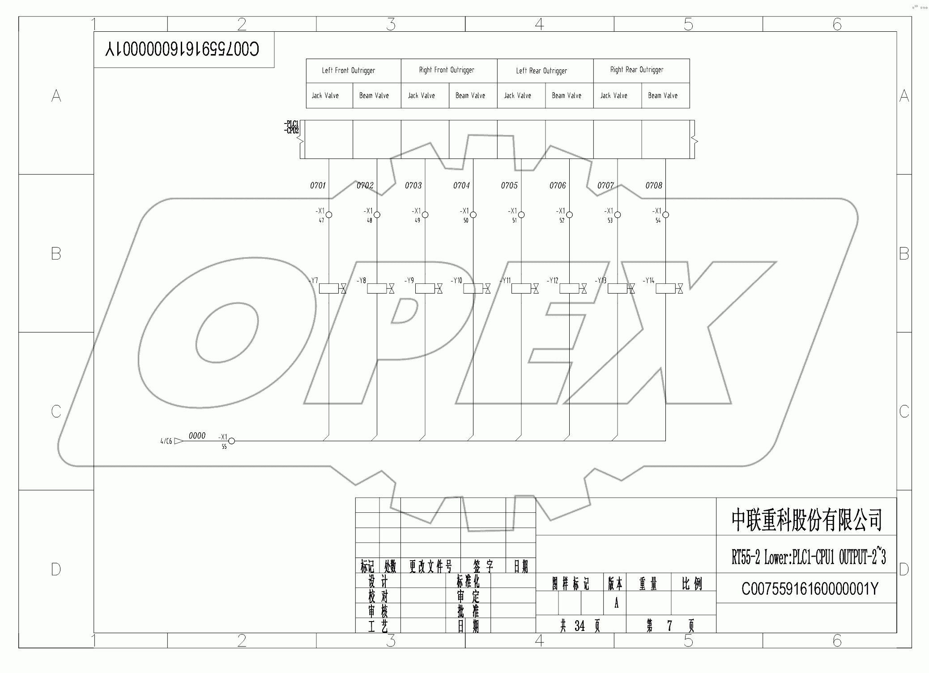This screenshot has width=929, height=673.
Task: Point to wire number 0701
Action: (318, 185)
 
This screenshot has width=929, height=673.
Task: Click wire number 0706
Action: (558, 185)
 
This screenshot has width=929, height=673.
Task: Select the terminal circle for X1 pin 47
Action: (329, 215)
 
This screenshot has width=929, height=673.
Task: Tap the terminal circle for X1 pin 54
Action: (665, 215)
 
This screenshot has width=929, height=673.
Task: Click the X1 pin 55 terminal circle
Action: (231, 441)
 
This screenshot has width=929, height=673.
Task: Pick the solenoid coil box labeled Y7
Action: (329, 289)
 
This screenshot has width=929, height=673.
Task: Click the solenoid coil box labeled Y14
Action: (665, 289)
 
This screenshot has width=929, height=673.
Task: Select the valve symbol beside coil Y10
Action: (487, 289)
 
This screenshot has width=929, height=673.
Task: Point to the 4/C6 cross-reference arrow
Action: (178, 441)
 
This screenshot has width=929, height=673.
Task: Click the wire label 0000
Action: (197, 436)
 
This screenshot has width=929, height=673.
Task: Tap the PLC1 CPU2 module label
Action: (292, 127)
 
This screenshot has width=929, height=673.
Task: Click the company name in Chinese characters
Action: (806, 520)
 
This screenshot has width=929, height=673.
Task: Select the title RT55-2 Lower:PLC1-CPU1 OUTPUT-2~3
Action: (808, 558)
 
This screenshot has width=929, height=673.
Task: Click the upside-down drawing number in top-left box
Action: (182, 49)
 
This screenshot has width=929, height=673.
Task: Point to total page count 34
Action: (580, 626)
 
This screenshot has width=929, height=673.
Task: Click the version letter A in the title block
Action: (616, 604)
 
